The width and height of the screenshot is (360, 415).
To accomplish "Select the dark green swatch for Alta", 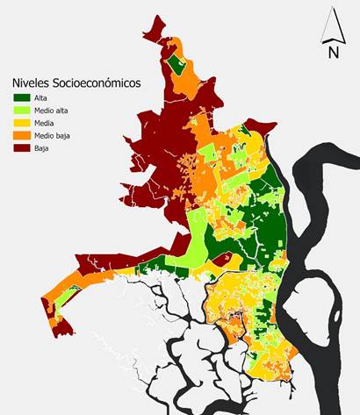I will click(x=21, y=98).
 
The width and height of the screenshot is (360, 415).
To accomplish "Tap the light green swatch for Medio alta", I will click(x=21, y=111).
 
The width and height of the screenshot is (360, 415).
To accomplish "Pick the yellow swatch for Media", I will click(x=21, y=123).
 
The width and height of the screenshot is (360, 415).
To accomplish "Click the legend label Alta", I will click(x=41, y=98).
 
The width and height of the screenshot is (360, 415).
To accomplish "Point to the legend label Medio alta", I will click(x=51, y=111).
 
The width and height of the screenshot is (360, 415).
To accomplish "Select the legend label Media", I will click(x=45, y=123).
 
